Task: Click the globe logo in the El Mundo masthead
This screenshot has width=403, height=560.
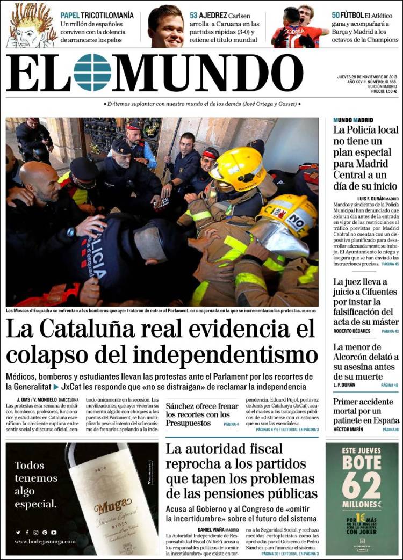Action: pos(92,72)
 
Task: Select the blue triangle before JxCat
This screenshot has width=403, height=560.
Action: pos(56,387)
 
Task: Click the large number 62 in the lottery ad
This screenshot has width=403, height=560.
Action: pos(362,486)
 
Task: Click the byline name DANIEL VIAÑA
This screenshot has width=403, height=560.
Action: pos(207,529)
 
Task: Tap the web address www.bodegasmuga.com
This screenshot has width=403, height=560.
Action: pos(45,541)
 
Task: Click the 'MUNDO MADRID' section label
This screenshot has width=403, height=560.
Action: pos(353,120)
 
